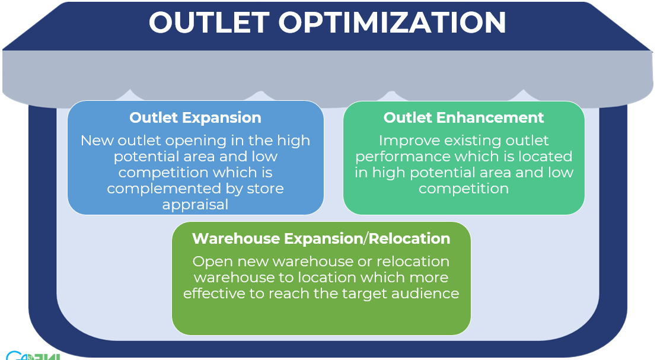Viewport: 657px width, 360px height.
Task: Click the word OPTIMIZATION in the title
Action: point(392,22)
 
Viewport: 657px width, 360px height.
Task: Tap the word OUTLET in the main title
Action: point(209,22)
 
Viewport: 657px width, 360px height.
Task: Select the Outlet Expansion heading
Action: point(195,118)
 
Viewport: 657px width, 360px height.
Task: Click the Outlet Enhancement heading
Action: point(464,118)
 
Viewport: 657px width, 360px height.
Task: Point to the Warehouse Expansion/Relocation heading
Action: point(321,238)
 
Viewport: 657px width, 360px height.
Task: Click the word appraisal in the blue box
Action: point(195,205)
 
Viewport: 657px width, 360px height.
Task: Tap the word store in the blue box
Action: point(265,189)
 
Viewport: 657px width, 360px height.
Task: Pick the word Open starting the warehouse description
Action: point(213,262)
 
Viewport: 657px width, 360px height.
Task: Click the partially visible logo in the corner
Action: point(33,355)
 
